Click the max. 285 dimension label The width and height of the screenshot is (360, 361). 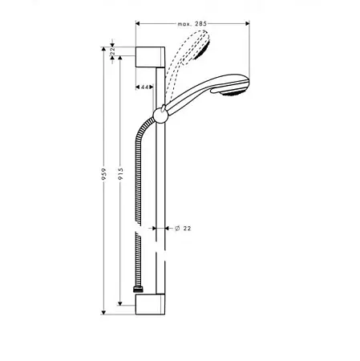192,24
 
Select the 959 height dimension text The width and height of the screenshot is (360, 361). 103,174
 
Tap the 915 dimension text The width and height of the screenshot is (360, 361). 120,174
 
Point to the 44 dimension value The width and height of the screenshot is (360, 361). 144,87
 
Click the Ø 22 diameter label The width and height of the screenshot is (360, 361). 183,229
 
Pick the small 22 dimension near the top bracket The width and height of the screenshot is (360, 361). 112,51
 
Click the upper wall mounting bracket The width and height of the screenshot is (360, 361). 150,57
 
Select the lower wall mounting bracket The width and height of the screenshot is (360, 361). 150,304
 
